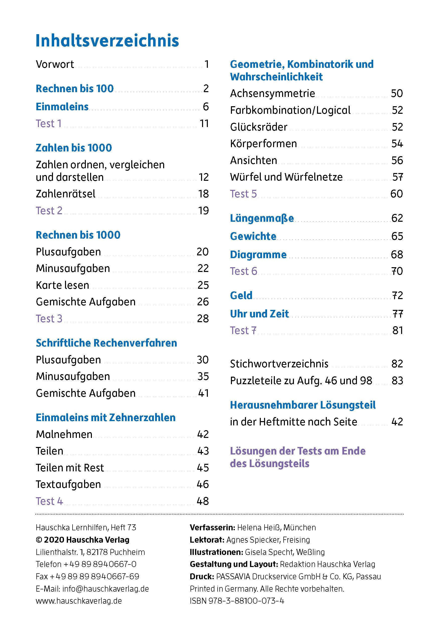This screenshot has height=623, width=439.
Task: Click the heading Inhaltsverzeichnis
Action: [x=107, y=41]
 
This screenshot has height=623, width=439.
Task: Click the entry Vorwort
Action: [x=55, y=64]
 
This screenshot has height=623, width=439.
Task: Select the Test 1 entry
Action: [x=48, y=124]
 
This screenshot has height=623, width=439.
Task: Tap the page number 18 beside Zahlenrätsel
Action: [x=203, y=194]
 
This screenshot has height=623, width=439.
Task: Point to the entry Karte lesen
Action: [x=62, y=285]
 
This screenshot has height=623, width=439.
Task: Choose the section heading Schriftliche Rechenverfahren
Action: [x=106, y=343]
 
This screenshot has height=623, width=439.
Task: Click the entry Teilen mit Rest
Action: [x=70, y=468]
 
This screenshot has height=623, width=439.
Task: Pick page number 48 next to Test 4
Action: [x=203, y=501]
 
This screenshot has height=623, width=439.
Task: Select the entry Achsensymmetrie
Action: [x=273, y=93]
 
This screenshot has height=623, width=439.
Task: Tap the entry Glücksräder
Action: [x=259, y=127]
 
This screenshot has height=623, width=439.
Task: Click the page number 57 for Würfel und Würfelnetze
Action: [x=398, y=177]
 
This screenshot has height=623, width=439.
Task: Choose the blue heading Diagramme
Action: [x=258, y=255]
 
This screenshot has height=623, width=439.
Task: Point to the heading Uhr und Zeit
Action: [x=259, y=314]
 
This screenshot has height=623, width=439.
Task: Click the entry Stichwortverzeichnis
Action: [x=279, y=364]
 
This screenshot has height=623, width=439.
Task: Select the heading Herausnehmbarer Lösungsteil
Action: [x=303, y=405]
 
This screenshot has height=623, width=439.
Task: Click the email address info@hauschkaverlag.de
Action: [x=105, y=589]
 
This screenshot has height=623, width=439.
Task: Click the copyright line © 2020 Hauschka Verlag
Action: [x=82, y=540]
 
